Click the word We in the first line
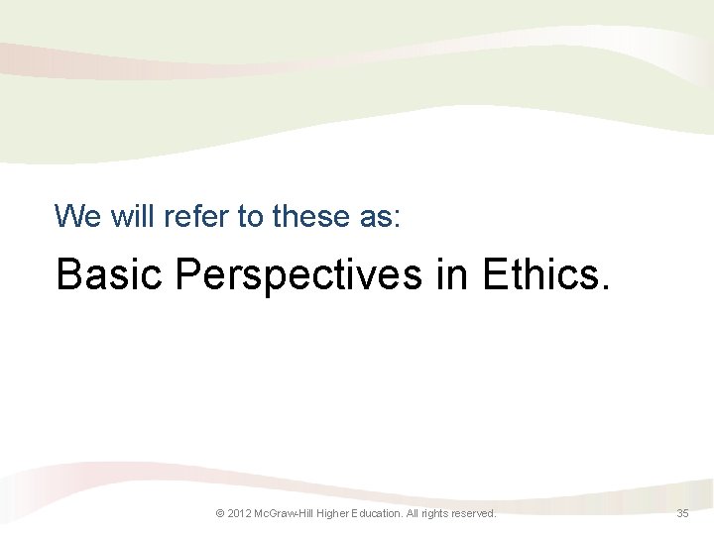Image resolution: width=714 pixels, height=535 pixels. point(74,215)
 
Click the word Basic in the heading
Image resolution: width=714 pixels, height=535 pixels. point(109,275)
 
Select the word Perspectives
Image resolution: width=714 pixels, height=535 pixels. point(298,275)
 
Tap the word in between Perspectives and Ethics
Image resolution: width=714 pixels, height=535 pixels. point(453,275)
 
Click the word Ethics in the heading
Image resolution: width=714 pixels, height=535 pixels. point(536,275)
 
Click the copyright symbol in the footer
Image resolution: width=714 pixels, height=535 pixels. point(220,513)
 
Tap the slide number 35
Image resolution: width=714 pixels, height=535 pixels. point(682,513)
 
